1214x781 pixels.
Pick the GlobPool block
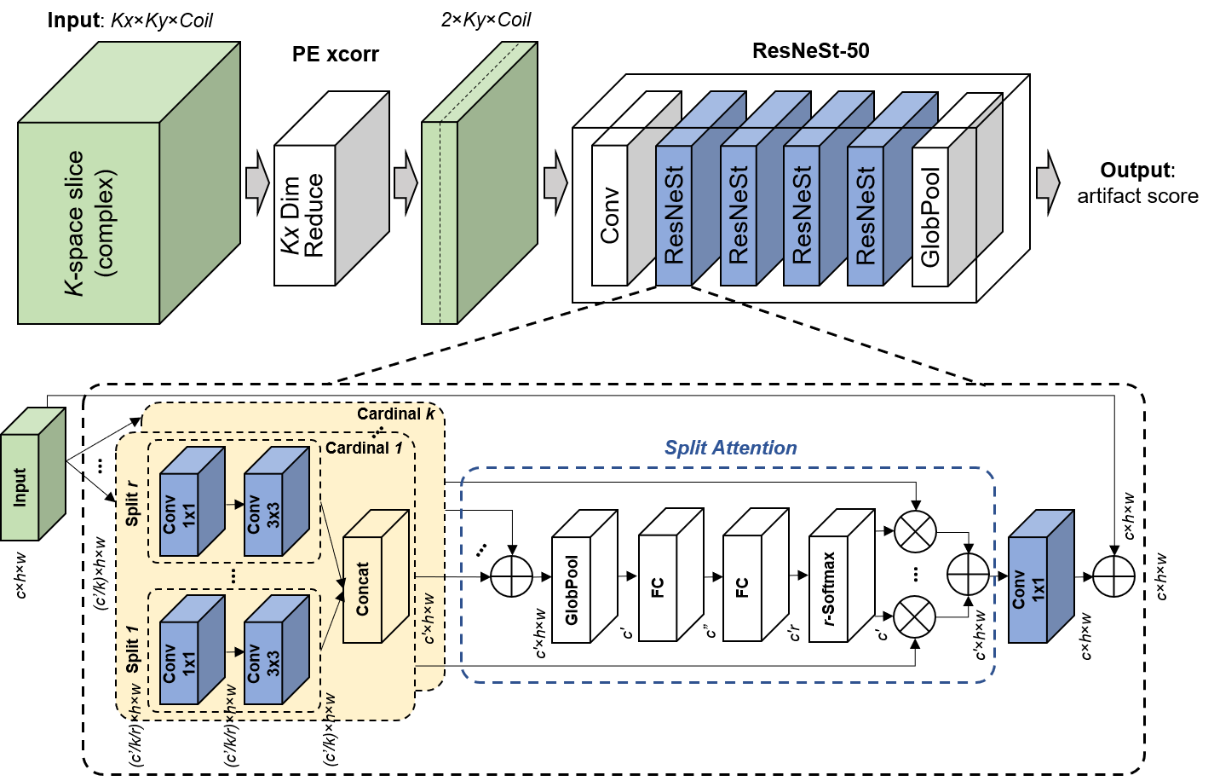tap(930, 217)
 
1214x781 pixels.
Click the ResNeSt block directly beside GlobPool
tap(866, 217)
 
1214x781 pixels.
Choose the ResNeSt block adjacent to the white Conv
tap(674, 217)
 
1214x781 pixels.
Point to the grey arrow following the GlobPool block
tap(1048, 182)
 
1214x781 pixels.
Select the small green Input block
tap(20, 487)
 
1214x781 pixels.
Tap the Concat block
tap(363, 588)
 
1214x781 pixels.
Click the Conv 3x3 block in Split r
tap(263, 513)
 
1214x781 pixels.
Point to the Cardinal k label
tap(396, 414)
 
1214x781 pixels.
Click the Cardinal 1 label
tap(364, 448)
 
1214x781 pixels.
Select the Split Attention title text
tap(730, 448)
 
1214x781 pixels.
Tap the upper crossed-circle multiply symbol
tap(915, 532)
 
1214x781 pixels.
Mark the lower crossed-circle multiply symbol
tap(915, 616)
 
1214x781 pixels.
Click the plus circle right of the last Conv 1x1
tap(1114, 576)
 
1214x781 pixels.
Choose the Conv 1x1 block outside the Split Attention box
tap(1028, 589)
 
